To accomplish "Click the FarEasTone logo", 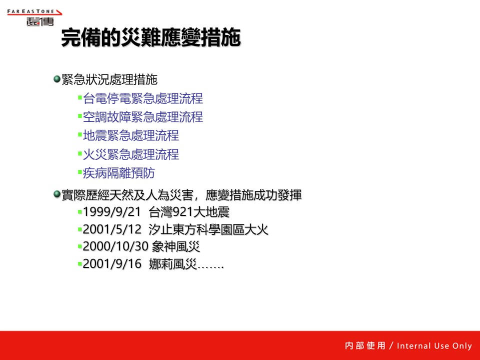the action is tap(34, 17).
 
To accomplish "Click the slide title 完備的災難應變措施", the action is tap(151, 37).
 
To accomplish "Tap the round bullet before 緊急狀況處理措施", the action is tap(56, 79).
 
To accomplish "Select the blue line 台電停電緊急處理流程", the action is tap(143, 98).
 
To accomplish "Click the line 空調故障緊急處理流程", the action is tap(143, 117).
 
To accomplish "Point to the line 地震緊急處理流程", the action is tap(131, 135).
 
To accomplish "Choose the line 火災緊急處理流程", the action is tap(131, 154).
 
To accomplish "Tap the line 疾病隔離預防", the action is tap(119, 173).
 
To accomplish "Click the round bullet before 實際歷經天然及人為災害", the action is tap(56, 194).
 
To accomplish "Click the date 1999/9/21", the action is tap(111, 212).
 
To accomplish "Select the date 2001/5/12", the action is tap(112, 229).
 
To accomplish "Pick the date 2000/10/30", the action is tap(115, 246).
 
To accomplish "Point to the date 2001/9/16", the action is tap(112, 264).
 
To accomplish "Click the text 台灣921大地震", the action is tap(189, 212).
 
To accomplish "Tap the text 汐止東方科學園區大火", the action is tap(208, 229).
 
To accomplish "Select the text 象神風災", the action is tap(176, 246).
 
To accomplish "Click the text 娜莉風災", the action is tap(173, 264).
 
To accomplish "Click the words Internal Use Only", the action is tap(434, 345).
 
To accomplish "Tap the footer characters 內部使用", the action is tap(365, 345).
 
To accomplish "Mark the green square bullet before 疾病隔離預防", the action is tap(80, 172).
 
